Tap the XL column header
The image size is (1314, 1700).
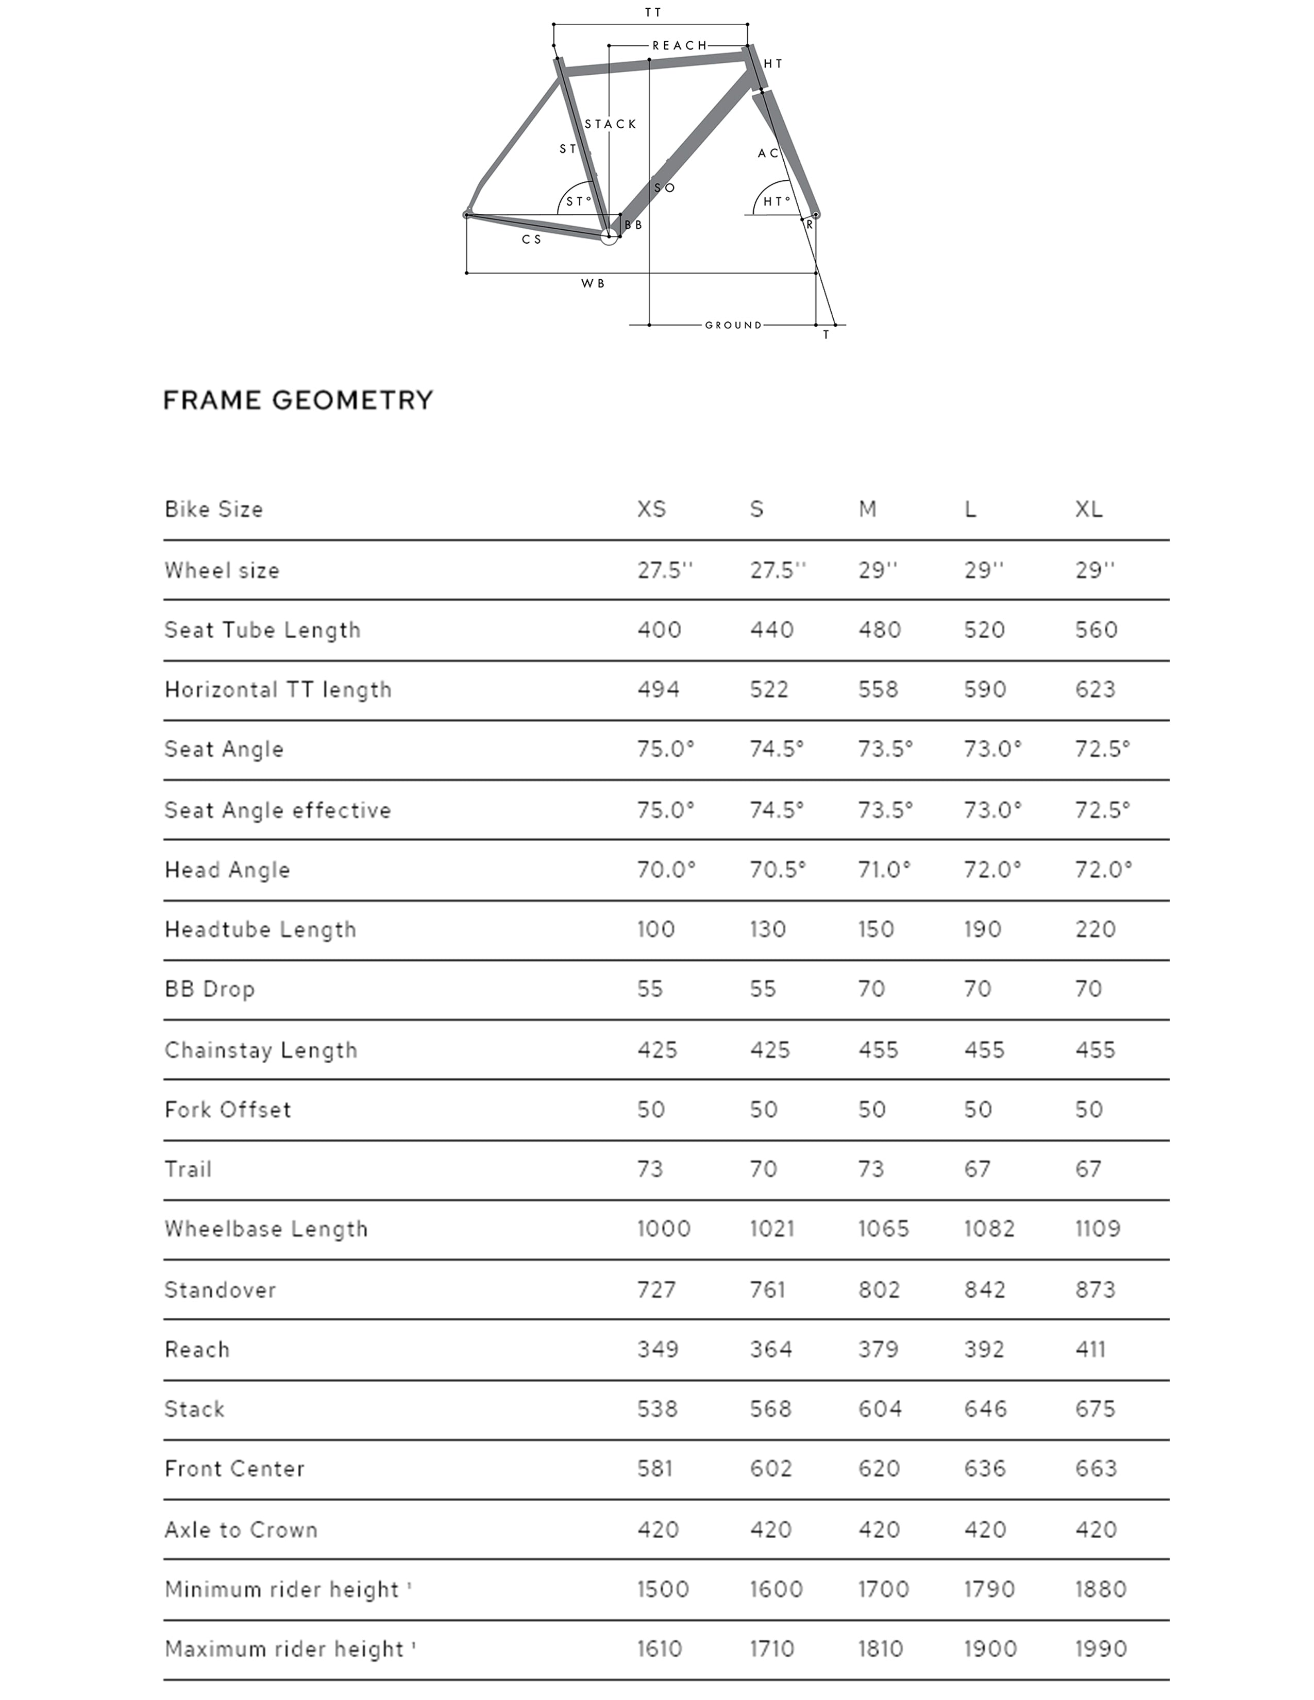[x=1088, y=509]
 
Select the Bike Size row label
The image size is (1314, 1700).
[x=213, y=509]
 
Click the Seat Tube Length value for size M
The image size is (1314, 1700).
[x=880, y=630]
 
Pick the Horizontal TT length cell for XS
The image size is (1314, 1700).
[x=658, y=690]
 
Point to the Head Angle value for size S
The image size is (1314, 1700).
[x=777, y=870]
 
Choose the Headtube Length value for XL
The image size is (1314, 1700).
[x=1096, y=929]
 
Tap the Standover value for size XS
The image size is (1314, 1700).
[x=656, y=1290]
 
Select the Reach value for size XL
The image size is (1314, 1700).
[x=1090, y=1350]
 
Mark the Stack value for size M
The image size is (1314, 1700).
[x=880, y=1409]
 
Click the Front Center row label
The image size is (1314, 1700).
[x=234, y=1469]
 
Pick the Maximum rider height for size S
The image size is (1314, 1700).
[x=771, y=1648]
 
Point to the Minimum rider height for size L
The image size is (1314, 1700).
[x=989, y=1589]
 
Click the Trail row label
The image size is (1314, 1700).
[x=188, y=1169]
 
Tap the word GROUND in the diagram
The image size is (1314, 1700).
[x=733, y=326]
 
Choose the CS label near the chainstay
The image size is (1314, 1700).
[x=532, y=240]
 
